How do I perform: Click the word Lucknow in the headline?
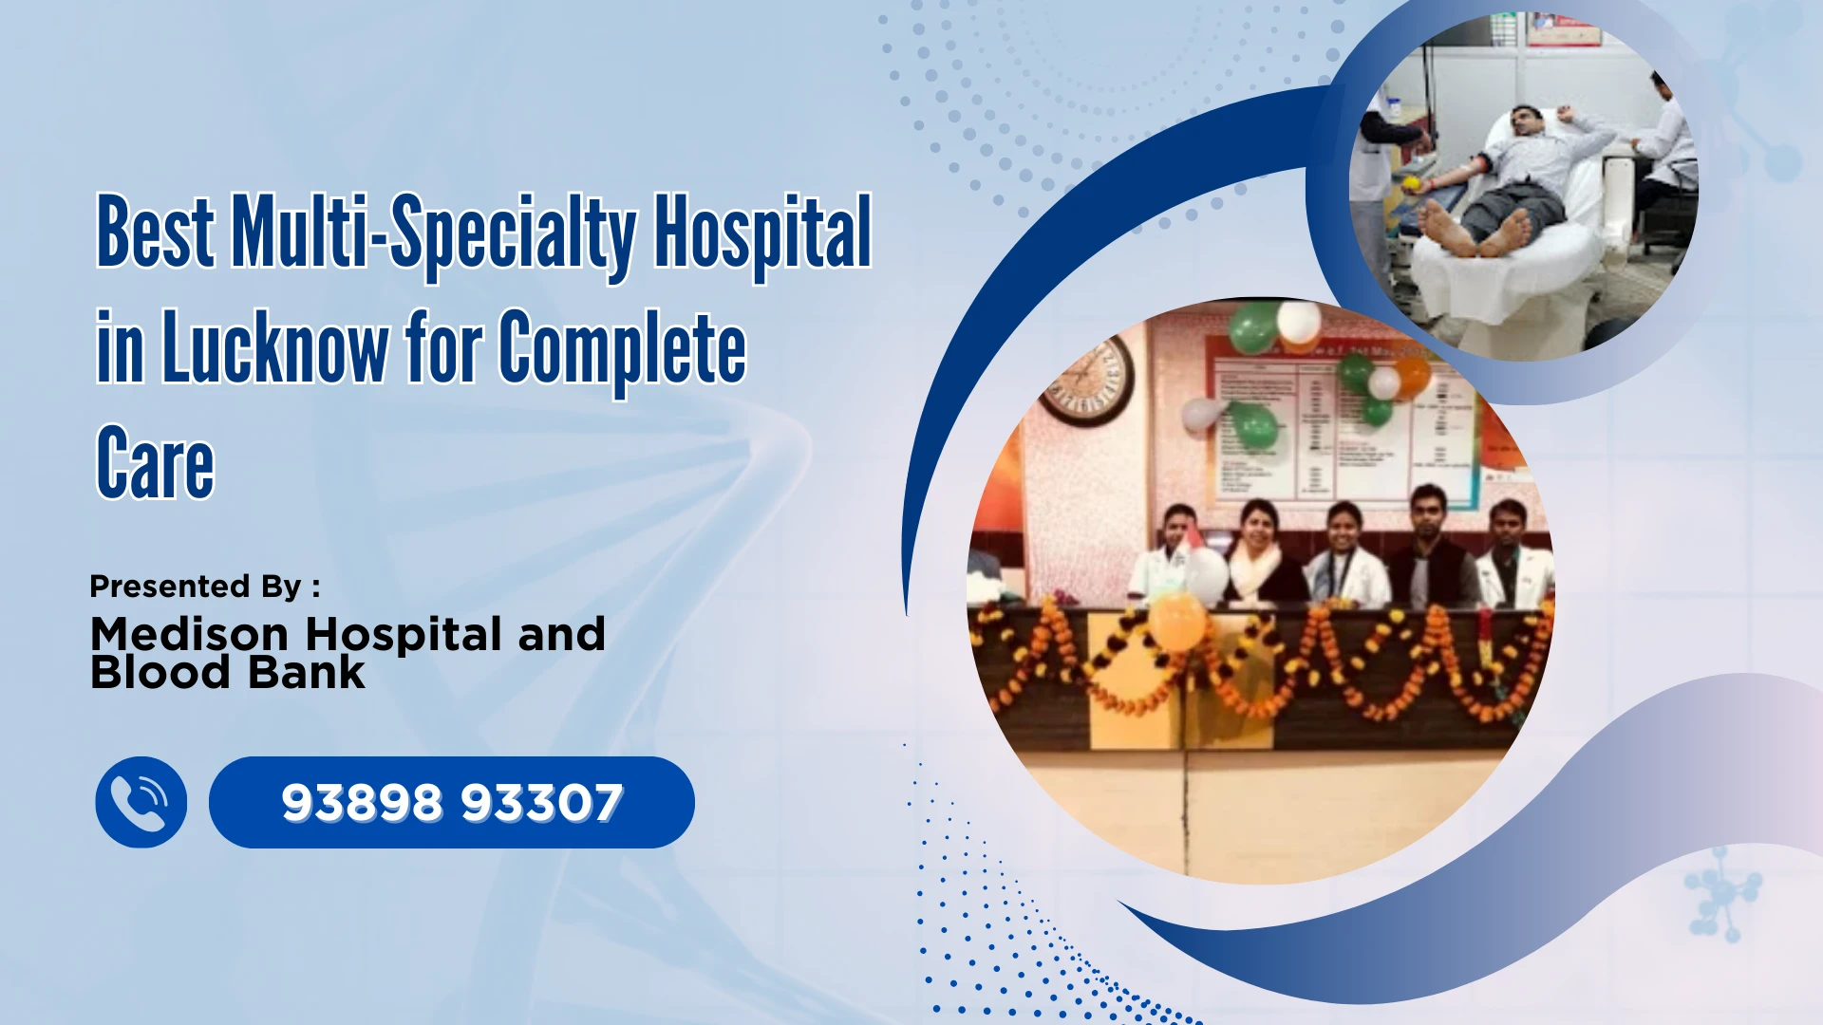click(x=275, y=348)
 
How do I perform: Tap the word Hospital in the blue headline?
click(x=762, y=233)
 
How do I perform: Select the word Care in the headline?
click(x=156, y=464)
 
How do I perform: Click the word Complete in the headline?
click(x=623, y=348)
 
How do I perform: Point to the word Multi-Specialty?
click(x=434, y=233)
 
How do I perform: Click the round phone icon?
click(x=141, y=802)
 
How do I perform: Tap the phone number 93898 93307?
click(x=452, y=803)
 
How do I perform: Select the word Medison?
click(x=189, y=634)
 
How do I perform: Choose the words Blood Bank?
click(x=228, y=673)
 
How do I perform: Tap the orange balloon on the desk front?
click(x=1176, y=622)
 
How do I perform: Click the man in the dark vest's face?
click(x=1428, y=513)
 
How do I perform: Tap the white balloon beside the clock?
click(x=1200, y=414)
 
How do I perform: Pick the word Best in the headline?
click(x=156, y=233)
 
